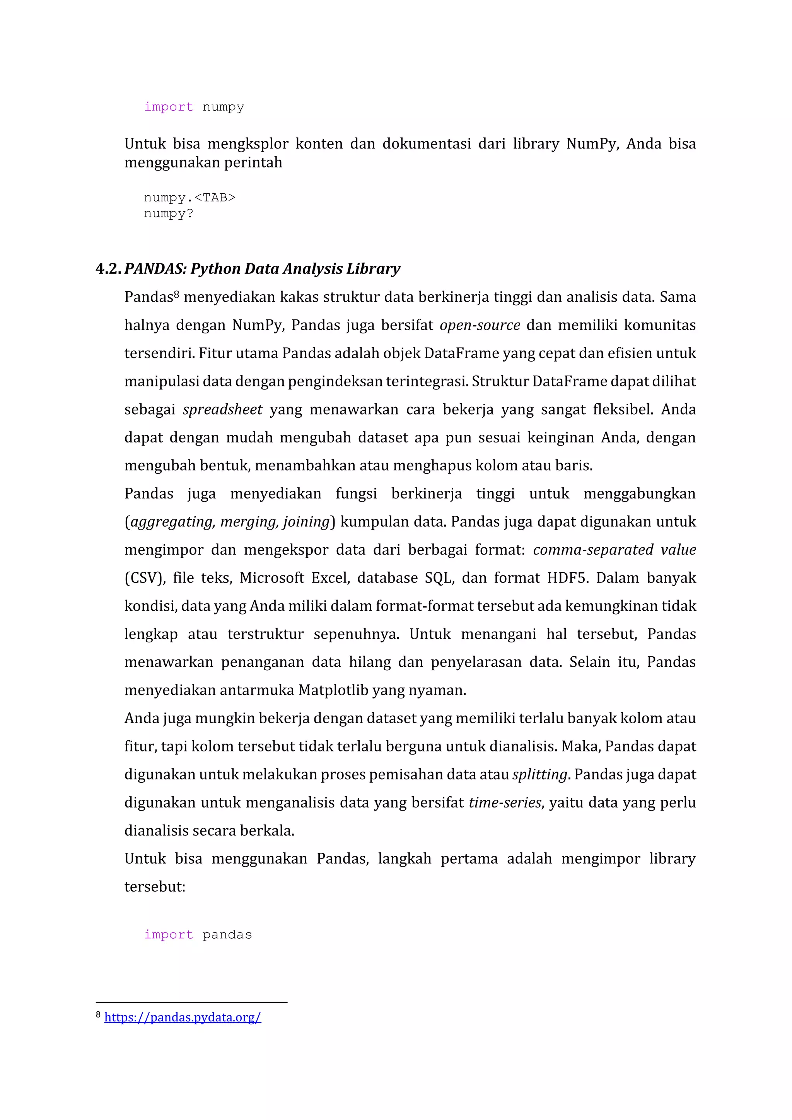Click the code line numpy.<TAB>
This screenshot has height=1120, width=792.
click(190, 198)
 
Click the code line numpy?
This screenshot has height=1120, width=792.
click(168, 213)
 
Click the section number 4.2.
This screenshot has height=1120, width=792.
click(108, 269)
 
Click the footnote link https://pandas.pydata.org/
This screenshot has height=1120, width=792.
click(183, 1017)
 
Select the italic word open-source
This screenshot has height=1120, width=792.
click(480, 325)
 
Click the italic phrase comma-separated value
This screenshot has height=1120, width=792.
click(614, 550)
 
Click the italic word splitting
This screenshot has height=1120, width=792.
click(540, 775)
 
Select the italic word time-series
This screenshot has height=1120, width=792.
click(505, 802)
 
